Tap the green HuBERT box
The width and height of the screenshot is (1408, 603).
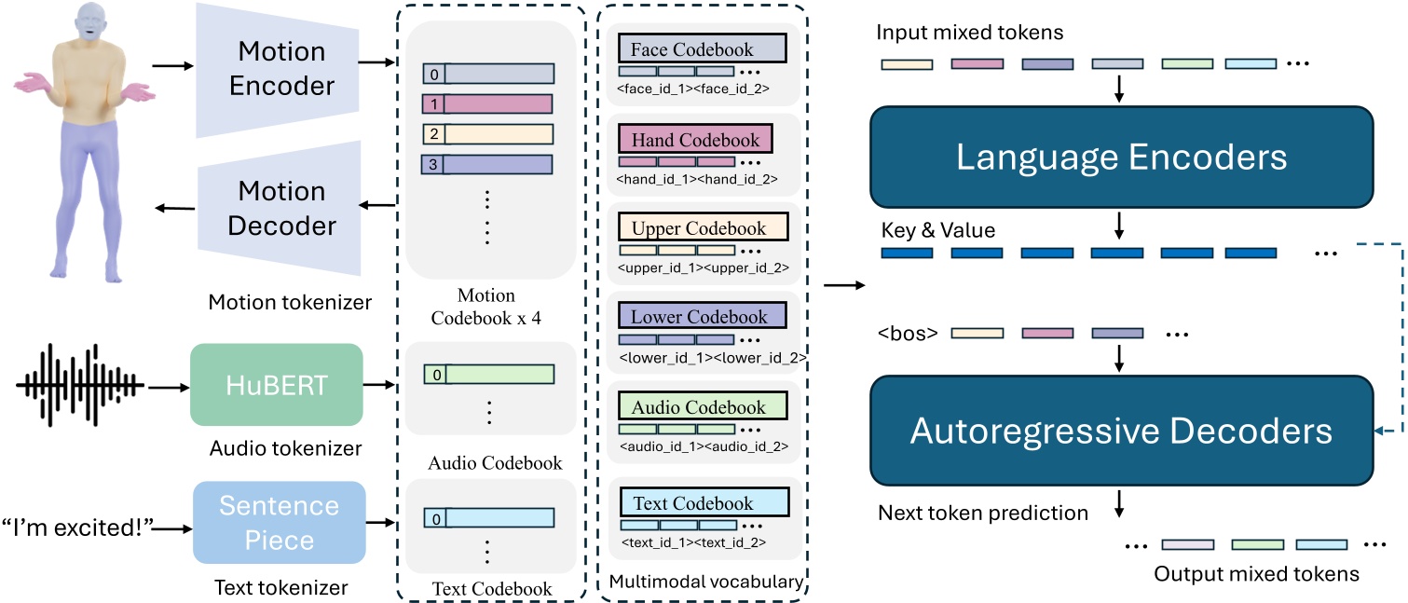[x=276, y=385]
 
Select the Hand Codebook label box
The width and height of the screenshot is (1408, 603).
[x=695, y=140]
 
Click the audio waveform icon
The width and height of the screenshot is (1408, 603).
[x=80, y=384]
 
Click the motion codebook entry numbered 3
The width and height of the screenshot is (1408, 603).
[x=487, y=165]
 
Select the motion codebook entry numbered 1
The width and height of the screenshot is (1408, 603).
[x=487, y=103]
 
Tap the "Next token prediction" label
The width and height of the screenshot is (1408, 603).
[x=983, y=512]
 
